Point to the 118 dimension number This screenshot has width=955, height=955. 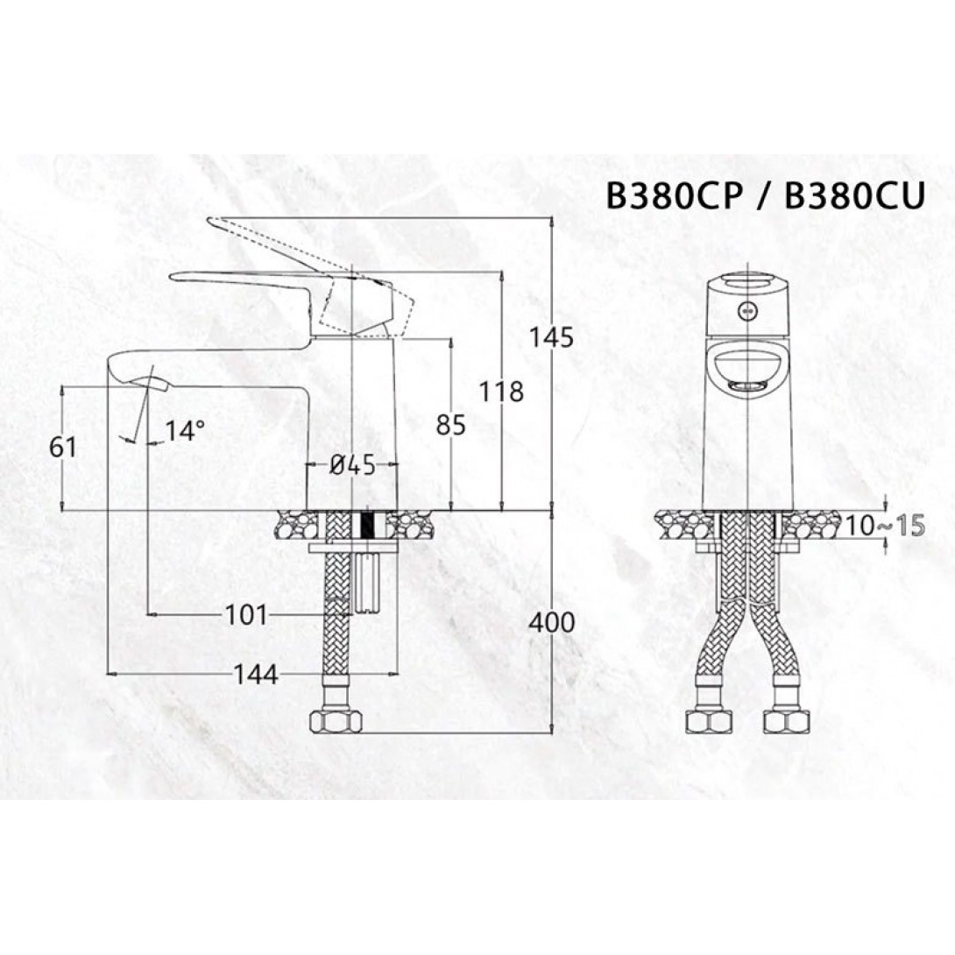pos(501,392)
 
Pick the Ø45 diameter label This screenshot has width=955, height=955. pos(352,466)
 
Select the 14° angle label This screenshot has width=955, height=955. pos(185,430)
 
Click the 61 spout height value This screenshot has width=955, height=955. pos(64,447)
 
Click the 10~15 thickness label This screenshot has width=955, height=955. pos(887,526)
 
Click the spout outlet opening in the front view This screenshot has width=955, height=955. pos(747,386)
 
